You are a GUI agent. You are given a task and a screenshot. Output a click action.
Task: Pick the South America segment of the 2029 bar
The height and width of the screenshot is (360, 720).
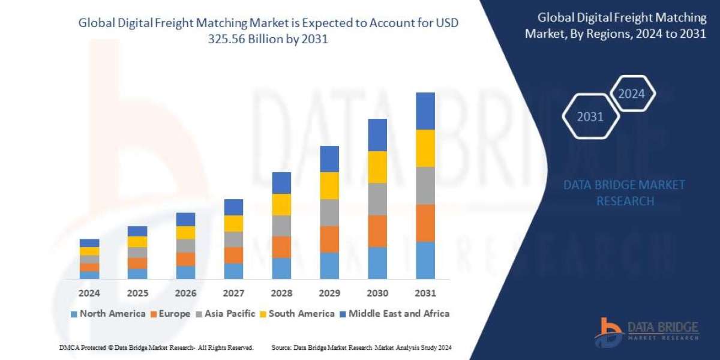(329, 185)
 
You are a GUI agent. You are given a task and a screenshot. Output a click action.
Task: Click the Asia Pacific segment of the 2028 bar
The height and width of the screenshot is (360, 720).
(281, 226)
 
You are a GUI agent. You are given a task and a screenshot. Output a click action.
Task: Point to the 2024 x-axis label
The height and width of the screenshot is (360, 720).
(89, 293)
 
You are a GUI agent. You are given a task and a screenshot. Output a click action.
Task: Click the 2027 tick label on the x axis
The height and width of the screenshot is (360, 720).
(233, 293)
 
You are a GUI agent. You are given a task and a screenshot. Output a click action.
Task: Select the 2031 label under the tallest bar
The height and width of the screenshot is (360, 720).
(425, 293)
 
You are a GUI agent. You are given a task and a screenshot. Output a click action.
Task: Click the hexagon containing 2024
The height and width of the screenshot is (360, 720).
(631, 94)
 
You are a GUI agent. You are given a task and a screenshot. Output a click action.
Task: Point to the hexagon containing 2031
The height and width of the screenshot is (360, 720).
(590, 116)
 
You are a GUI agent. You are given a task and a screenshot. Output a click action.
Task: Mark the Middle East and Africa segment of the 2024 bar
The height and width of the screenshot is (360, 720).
(89, 243)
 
